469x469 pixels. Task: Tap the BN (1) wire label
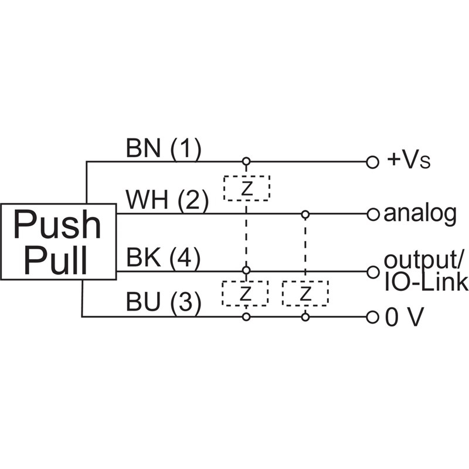point(163,150)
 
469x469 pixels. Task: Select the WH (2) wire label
point(167,201)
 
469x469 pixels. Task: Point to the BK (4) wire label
point(164,259)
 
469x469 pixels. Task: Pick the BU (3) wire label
point(164,303)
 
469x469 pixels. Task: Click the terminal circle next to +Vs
point(371,162)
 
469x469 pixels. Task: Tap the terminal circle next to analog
point(372,214)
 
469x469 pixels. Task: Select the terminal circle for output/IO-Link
point(372,271)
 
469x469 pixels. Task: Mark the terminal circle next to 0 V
point(372,317)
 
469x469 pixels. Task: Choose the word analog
point(419,215)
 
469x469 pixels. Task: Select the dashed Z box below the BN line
point(246,188)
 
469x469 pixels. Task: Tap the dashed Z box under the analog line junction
point(305,293)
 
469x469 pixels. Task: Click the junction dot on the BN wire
point(246,162)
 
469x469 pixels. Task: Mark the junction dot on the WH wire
point(305,214)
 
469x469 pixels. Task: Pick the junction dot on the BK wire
point(246,271)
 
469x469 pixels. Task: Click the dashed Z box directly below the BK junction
point(245,293)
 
